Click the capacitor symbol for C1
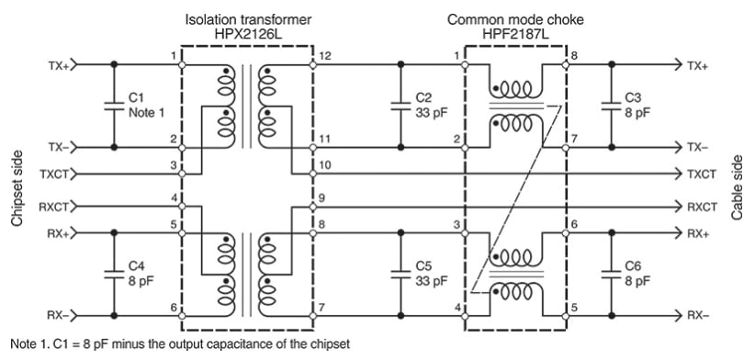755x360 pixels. tap(114, 105)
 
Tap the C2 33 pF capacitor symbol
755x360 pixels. tap(400, 105)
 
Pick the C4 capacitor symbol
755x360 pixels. tap(114, 273)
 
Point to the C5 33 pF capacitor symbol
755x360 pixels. tap(400, 273)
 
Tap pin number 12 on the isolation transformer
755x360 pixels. tap(325, 57)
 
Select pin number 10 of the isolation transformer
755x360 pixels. tap(325, 164)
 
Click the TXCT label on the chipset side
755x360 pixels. tap(53, 174)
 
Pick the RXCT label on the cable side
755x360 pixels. tap(702, 207)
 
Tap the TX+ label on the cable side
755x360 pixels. tap(699, 65)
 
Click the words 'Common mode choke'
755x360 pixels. tap(515, 17)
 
